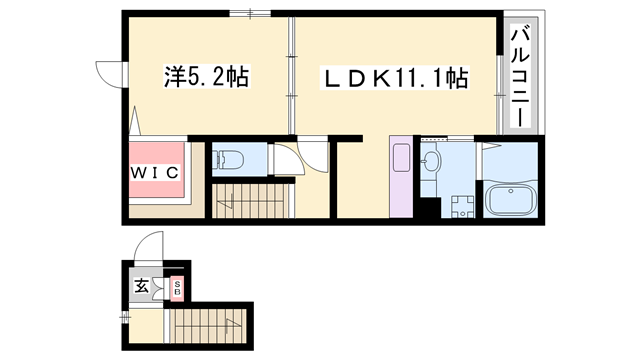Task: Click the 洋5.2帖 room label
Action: click(207, 76)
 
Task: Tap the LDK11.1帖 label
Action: click(394, 77)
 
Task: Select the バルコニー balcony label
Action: click(519, 77)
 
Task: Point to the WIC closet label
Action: click(154, 172)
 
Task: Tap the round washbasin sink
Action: click(431, 161)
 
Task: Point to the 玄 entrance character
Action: click(142, 287)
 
